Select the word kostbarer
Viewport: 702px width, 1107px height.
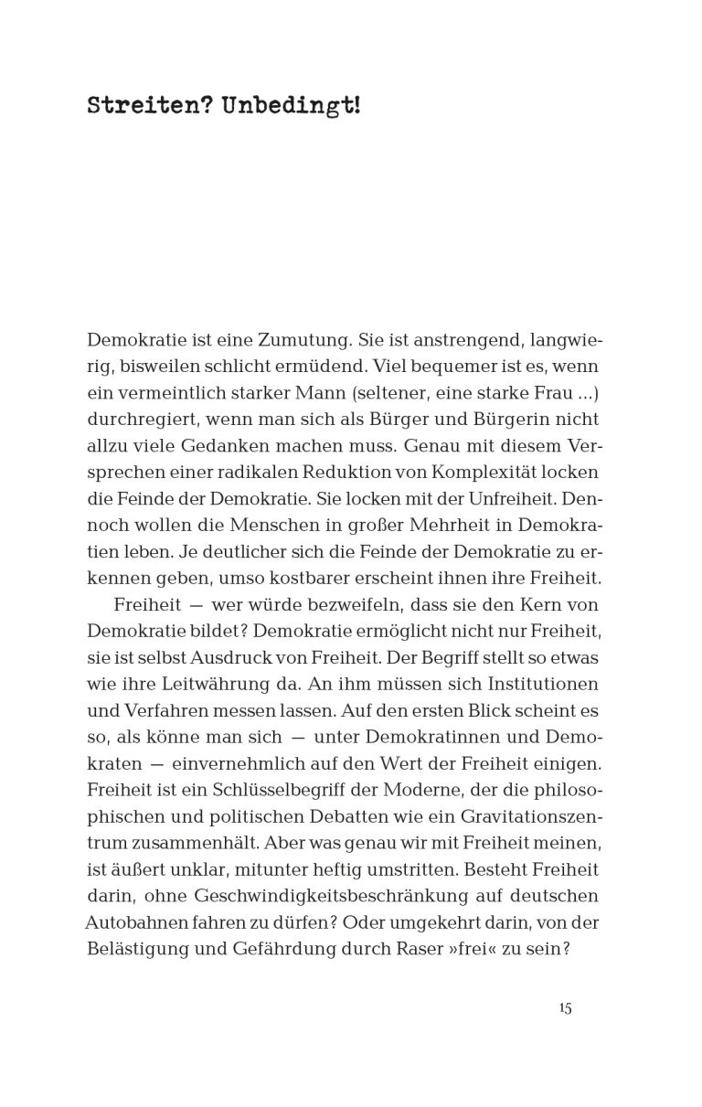(343, 579)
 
